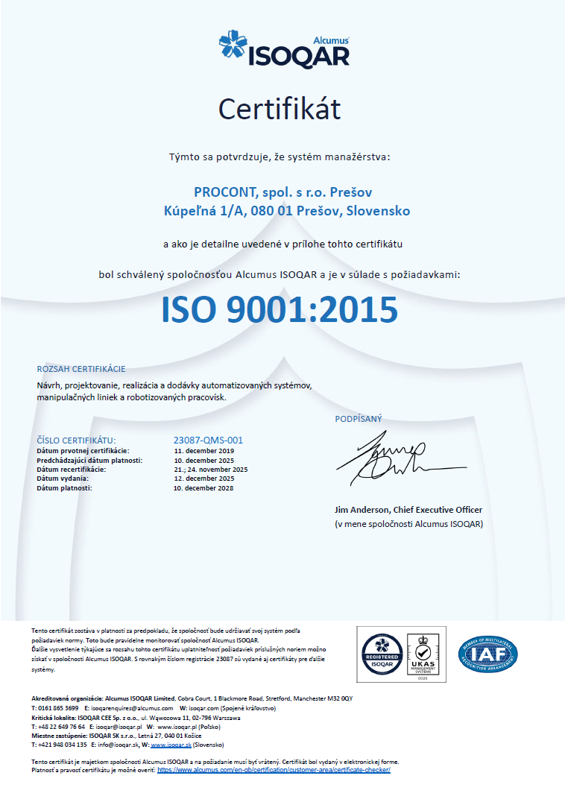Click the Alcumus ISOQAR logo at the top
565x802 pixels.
coord(283,50)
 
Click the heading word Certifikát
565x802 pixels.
coord(280,110)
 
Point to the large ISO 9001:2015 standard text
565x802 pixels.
coord(280,309)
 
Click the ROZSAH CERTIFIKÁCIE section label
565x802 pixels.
coord(81,369)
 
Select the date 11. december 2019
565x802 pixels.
coord(203,451)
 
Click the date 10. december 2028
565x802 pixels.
coord(203,488)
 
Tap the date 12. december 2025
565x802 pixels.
coord(203,479)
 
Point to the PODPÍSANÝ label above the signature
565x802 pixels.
coord(359,419)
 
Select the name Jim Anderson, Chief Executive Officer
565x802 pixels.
coord(408,510)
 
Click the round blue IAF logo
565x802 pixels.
coord(488,654)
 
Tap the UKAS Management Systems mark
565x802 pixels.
coord(423,654)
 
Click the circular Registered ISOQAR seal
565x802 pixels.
coord(382,654)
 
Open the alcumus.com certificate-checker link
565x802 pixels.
coord(274,770)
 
